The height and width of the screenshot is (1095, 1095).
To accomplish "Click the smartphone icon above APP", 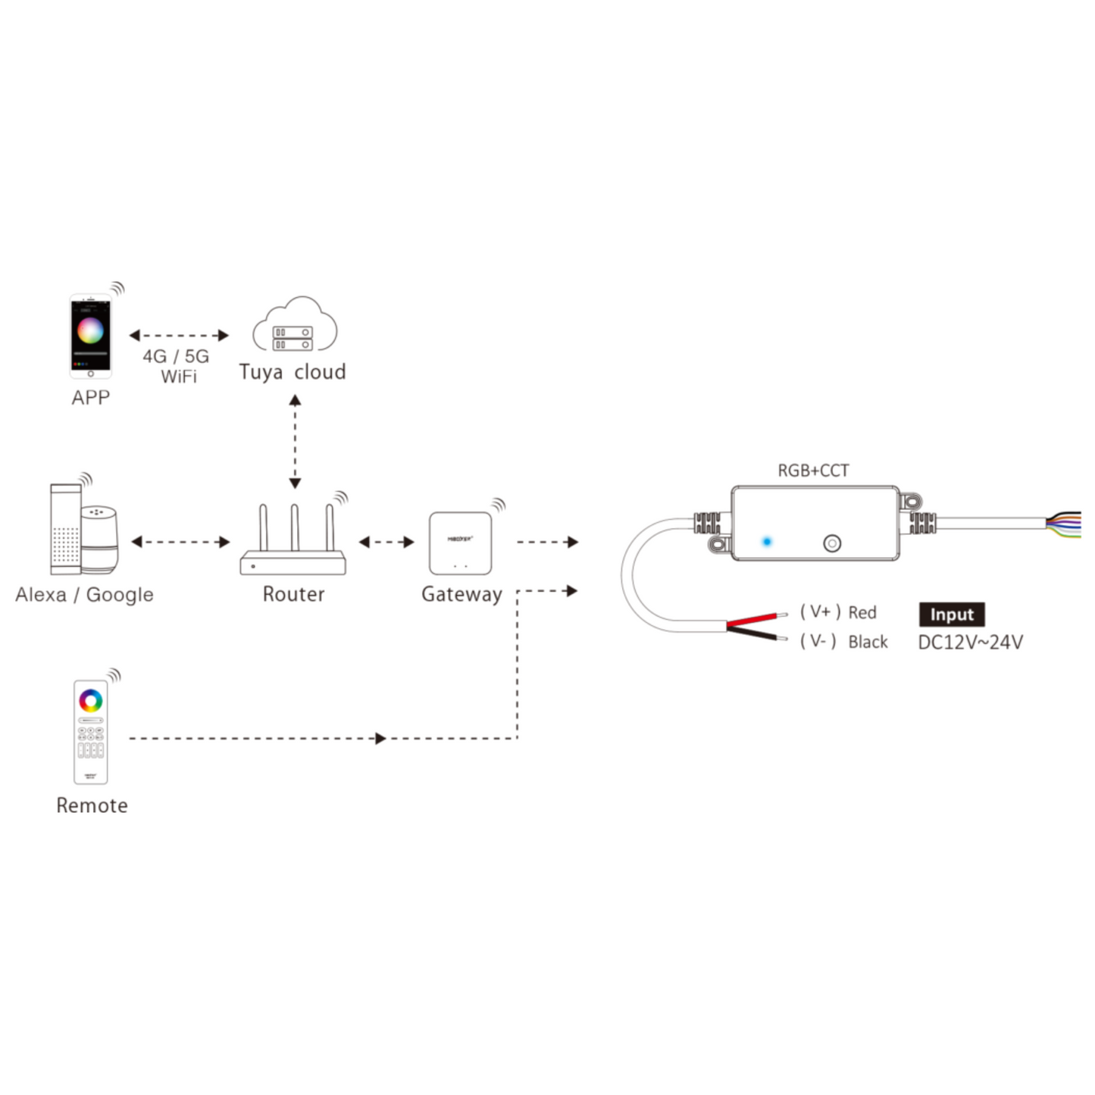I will [x=90, y=336].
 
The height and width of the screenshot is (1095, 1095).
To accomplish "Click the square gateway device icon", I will [x=460, y=543].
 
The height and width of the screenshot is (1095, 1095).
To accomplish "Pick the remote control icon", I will [x=90, y=731].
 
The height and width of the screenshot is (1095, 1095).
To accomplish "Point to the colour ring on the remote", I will [x=91, y=700].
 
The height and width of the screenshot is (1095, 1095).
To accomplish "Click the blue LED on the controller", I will [x=767, y=542].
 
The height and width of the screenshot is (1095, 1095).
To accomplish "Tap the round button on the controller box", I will [x=832, y=543].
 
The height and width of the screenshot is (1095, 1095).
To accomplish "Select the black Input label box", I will [x=952, y=615].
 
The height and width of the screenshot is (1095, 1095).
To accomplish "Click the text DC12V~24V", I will [x=970, y=643].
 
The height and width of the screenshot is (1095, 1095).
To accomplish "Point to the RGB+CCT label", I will [x=813, y=471].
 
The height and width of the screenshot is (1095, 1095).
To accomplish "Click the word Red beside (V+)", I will [x=862, y=612].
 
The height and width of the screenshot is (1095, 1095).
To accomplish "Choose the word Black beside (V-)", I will [x=868, y=642].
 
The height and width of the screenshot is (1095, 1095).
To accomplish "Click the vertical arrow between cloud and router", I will [x=295, y=441].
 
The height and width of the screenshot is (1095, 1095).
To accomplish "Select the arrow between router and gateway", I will [x=386, y=542].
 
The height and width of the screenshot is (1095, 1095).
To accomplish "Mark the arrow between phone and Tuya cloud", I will [x=179, y=335].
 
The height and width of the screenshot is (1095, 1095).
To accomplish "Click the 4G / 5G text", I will [x=176, y=356].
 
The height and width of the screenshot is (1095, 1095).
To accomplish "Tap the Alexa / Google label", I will [x=84, y=595].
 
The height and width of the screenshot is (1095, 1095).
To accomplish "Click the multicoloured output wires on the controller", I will [x=1064, y=524].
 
